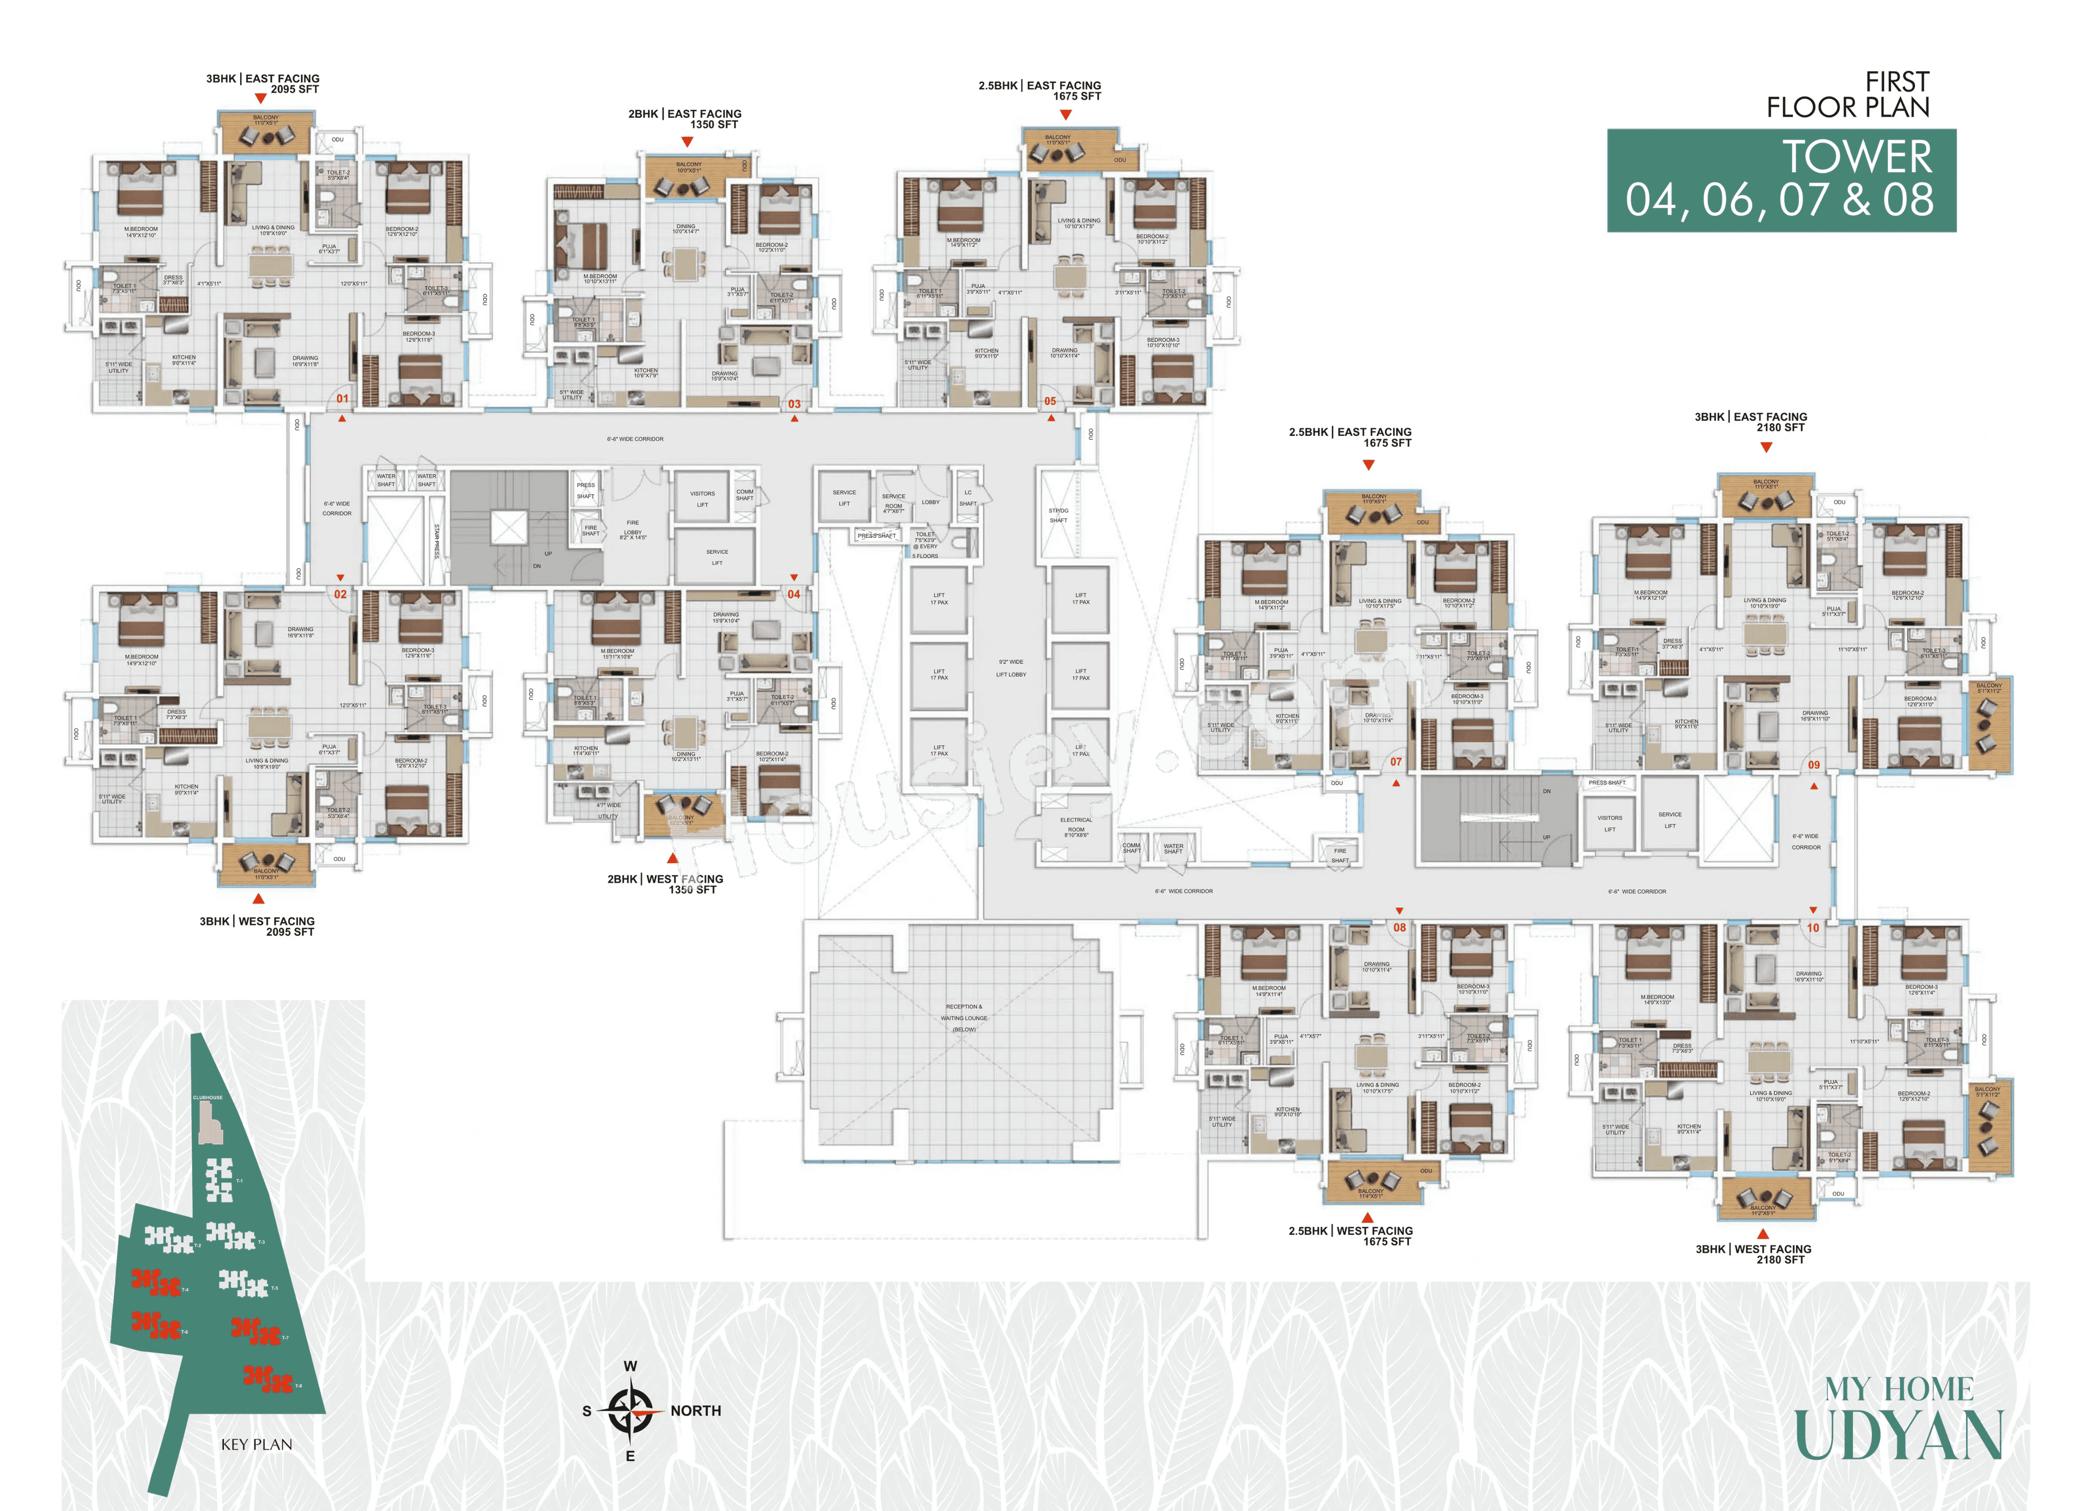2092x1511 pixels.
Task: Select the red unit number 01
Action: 342,398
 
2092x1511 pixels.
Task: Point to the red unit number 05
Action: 1050,401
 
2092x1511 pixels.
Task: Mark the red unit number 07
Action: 1396,762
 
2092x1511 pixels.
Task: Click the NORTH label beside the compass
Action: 696,1410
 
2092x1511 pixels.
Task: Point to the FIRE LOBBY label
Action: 633,529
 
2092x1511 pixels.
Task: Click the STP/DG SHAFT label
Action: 1058,515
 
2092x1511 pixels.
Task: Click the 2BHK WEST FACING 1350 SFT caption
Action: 665,884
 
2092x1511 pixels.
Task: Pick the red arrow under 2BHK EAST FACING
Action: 687,142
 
